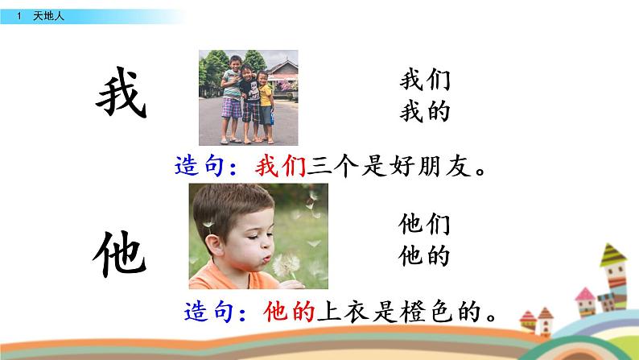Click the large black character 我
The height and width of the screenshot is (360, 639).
[x=122, y=97]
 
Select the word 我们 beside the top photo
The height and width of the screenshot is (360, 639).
[x=423, y=81]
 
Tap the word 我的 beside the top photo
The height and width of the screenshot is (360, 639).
[x=423, y=112]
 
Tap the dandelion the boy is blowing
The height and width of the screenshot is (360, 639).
[x=287, y=264]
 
